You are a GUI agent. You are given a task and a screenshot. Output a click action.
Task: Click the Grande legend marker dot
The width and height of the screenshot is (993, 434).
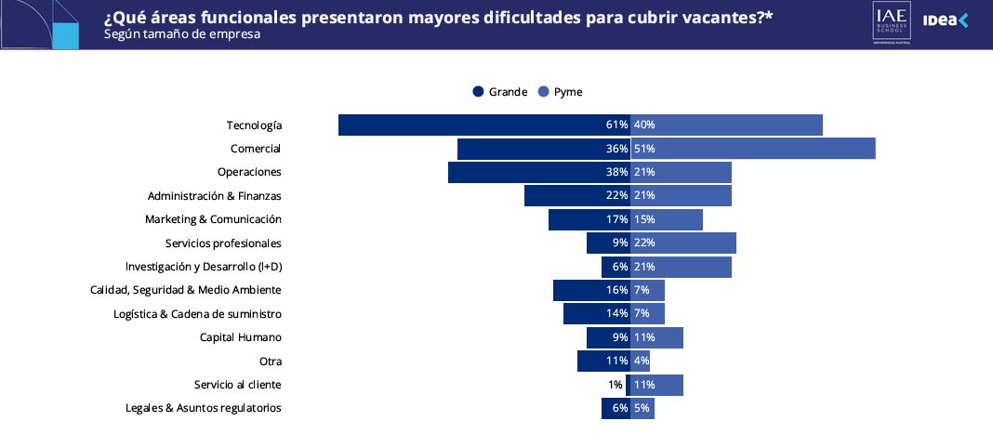(478, 91)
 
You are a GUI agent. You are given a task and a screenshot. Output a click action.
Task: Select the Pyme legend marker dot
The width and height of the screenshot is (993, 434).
(543, 91)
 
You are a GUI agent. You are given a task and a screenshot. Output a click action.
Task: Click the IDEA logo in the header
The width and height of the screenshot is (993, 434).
(945, 20)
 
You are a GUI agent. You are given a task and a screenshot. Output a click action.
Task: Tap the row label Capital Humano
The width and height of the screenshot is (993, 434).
(240, 337)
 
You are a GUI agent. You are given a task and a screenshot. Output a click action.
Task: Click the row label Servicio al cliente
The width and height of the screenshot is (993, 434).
(237, 385)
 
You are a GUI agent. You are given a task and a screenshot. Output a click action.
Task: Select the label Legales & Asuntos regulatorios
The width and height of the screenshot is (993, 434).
(203, 408)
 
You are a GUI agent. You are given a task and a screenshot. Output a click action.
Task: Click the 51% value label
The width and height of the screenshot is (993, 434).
(644, 149)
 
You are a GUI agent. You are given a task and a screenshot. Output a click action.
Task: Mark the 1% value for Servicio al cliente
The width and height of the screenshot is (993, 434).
(615, 385)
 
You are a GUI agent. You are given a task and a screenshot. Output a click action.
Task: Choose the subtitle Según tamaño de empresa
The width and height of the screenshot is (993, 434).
(182, 34)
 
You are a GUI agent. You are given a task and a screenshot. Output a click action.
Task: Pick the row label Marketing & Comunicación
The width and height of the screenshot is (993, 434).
(213, 219)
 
